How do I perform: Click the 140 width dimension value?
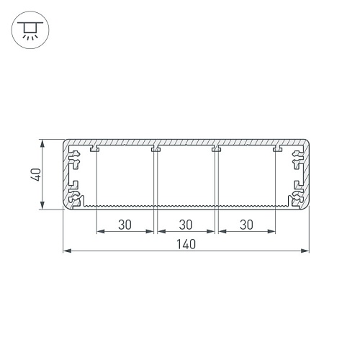click(186, 244)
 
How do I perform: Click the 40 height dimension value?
click(36, 174)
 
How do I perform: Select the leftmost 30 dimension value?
click(125, 225)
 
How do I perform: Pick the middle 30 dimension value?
click(186, 225)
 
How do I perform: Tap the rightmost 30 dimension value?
click(246, 225)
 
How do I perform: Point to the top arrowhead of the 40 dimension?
click(42, 144)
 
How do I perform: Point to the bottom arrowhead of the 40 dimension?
click(42, 204)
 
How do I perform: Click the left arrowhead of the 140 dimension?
click(67, 251)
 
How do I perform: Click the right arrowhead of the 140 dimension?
click(305, 251)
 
